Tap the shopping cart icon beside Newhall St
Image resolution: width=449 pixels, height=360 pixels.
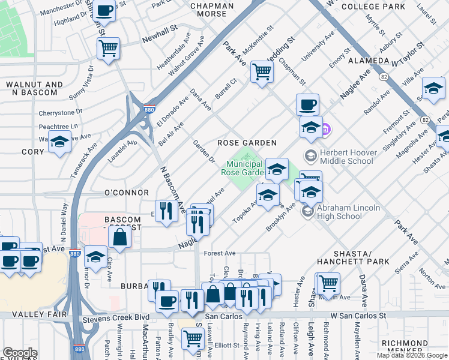pyautogui.click(x=108, y=48)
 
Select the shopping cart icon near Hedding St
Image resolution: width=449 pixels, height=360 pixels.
pyautogui.click(x=262, y=71)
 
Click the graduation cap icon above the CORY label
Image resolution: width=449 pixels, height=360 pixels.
pyautogui.click(x=59, y=143)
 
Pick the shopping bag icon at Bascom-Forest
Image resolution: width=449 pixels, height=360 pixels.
pyautogui.click(x=120, y=236)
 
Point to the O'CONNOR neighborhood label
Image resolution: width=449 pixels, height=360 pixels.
pyautogui.click(x=126, y=193)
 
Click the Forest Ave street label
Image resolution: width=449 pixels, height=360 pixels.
pyautogui.click(x=220, y=253)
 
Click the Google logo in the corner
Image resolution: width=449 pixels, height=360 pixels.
pyautogui.click(x=20, y=353)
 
